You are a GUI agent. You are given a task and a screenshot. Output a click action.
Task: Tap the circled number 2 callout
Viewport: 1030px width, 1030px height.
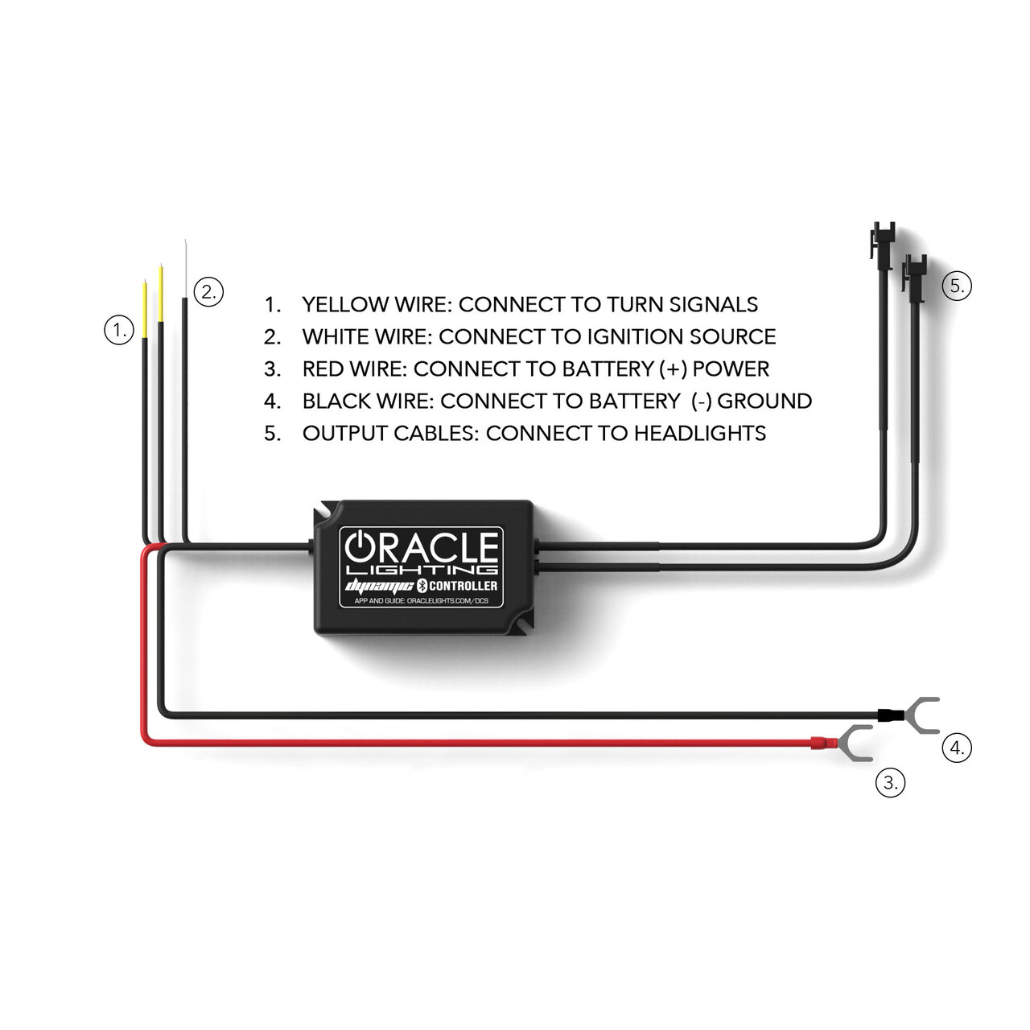pos(208,292)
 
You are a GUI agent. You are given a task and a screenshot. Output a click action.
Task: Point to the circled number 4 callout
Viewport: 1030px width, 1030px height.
pos(956,748)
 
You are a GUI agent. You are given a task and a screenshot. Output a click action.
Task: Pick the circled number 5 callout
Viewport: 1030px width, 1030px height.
pos(956,286)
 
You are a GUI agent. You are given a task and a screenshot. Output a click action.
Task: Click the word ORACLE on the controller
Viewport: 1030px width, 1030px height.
pos(421,547)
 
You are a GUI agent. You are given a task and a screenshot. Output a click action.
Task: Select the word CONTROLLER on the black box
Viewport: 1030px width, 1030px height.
pos(463,586)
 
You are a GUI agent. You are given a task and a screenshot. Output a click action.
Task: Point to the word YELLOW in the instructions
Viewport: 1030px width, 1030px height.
pos(348,304)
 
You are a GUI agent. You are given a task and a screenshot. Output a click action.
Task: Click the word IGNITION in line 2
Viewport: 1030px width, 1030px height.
pos(635,336)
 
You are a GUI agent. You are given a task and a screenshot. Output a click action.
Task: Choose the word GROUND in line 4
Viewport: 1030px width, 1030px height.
pos(764,401)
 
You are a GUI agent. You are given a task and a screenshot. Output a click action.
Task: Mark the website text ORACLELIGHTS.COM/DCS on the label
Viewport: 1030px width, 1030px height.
pos(447,601)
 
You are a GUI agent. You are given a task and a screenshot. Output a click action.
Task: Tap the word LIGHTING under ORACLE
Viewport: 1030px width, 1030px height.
pos(422,571)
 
